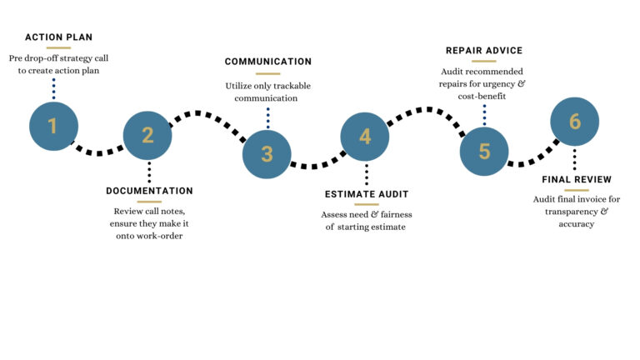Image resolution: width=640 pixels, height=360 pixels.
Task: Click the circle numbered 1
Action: click(53, 126)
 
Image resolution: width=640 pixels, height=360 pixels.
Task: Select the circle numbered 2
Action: click(147, 135)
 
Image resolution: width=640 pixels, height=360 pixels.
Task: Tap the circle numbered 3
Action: click(267, 154)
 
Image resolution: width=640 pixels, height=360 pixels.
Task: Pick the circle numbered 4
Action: click(365, 136)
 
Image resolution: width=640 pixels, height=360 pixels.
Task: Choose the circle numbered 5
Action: click(485, 152)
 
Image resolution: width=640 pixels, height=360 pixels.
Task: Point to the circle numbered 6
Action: click(575, 122)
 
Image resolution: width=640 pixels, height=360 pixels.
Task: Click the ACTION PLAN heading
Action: click(58, 37)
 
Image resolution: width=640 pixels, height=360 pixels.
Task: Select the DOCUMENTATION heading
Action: click(149, 191)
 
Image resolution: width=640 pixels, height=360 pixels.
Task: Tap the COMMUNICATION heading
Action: click(268, 62)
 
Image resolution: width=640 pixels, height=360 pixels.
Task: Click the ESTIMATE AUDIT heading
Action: click(367, 194)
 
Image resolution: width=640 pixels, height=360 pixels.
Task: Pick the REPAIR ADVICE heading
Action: click(484, 51)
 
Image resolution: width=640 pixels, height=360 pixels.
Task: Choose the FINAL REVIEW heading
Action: click(577, 179)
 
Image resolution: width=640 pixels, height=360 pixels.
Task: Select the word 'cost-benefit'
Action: click(483, 97)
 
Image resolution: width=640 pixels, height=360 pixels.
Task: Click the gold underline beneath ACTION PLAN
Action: click(58, 47)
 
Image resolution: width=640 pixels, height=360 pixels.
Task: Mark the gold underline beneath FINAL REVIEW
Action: click(577, 190)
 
